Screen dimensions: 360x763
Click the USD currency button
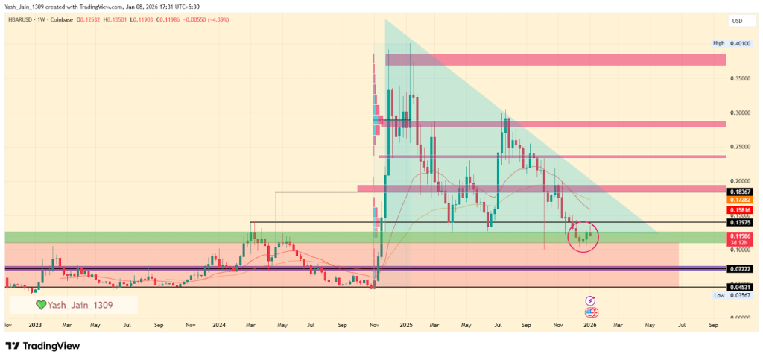click(x=738, y=20)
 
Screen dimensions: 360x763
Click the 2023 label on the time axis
click(x=35, y=325)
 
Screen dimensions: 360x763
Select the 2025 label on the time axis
click(x=406, y=325)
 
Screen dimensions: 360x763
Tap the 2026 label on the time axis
click(x=590, y=325)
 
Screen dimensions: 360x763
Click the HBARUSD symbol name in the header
click(x=20, y=19)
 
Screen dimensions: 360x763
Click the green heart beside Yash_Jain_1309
click(x=40, y=305)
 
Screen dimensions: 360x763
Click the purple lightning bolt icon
click(x=591, y=300)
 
